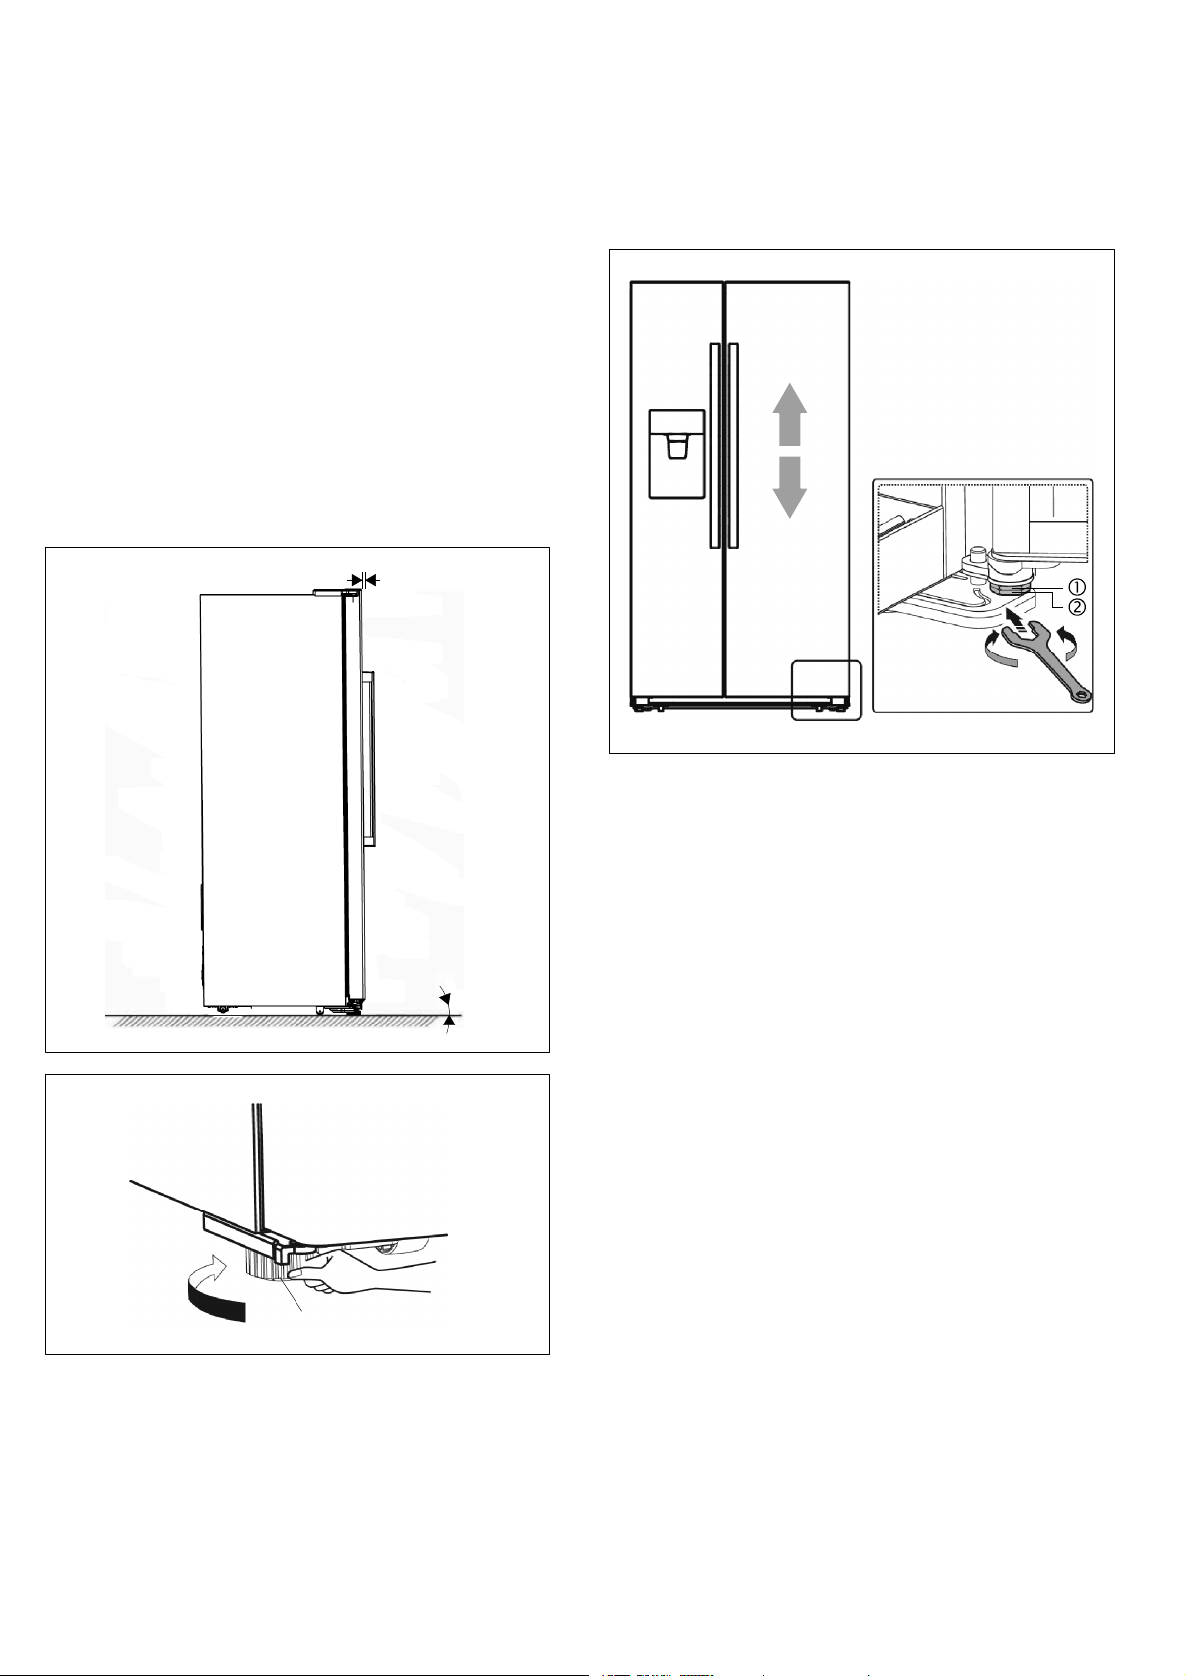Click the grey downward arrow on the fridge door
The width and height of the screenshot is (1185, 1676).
(x=789, y=487)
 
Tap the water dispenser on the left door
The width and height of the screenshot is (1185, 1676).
(x=677, y=454)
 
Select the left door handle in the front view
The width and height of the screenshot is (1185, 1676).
(x=715, y=446)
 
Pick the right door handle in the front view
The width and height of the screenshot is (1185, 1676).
(x=733, y=446)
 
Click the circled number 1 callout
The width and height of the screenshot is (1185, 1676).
(x=1075, y=588)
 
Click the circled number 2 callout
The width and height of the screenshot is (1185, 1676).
(x=1075, y=607)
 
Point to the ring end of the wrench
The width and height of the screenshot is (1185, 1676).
(x=1081, y=696)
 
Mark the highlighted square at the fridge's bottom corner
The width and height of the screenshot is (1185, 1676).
(x=827, y=690)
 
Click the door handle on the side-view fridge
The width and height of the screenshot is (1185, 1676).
(x=370, y=760)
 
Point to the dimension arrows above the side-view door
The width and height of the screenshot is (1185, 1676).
(x=364, y=579)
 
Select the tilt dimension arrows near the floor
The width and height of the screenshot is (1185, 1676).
(x=447, y=1012)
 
